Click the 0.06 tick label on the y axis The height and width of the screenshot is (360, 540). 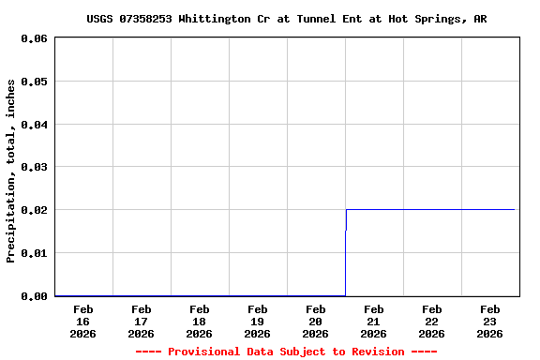click(34, 38)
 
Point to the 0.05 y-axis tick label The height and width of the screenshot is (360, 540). click(34, 82)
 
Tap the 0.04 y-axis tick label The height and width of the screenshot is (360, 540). click(34, 125)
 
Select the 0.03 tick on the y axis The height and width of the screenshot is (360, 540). click(34, 167)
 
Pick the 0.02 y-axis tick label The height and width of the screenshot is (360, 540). click(34, 210)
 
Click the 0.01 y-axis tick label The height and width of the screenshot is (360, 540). click(34, 253)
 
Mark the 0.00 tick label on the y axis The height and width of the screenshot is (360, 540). click(34, 296)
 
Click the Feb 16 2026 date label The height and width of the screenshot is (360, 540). click(83, 321)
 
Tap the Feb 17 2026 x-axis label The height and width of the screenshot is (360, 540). click(142, 321)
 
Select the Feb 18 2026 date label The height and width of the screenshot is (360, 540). click(200, 321)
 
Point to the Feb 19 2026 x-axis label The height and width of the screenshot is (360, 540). click(258, 321)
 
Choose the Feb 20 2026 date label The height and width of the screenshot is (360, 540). click(316, 321)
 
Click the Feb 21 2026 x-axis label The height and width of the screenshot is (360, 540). click(374, 321)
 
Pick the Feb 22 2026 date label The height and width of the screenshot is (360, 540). click(432, 321)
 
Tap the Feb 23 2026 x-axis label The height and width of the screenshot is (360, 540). click(490, 321)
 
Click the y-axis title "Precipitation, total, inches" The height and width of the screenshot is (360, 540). click(11, 171)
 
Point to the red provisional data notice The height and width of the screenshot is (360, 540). click(286, 352)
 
